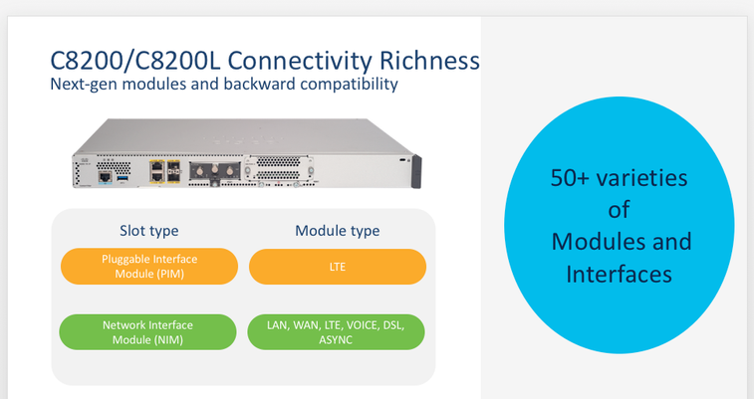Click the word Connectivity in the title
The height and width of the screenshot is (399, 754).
300,61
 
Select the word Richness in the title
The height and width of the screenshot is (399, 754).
429,61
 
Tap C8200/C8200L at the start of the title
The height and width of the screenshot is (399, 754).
135,61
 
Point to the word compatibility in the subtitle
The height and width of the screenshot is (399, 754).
349,84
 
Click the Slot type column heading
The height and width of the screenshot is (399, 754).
149,231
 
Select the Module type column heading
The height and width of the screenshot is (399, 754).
337,231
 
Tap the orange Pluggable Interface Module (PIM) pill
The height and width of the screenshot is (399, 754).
149,267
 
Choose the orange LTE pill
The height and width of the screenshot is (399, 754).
338,267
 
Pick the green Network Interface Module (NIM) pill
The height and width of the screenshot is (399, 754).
147,332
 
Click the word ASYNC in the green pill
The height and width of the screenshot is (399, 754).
336,340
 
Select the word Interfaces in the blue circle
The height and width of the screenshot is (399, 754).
619,275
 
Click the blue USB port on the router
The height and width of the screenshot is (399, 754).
123,178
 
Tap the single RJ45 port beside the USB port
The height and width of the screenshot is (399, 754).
105,177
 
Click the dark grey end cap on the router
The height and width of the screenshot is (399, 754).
416,171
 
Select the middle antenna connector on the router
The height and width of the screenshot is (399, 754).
214,170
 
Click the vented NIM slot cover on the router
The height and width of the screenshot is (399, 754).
279,168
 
